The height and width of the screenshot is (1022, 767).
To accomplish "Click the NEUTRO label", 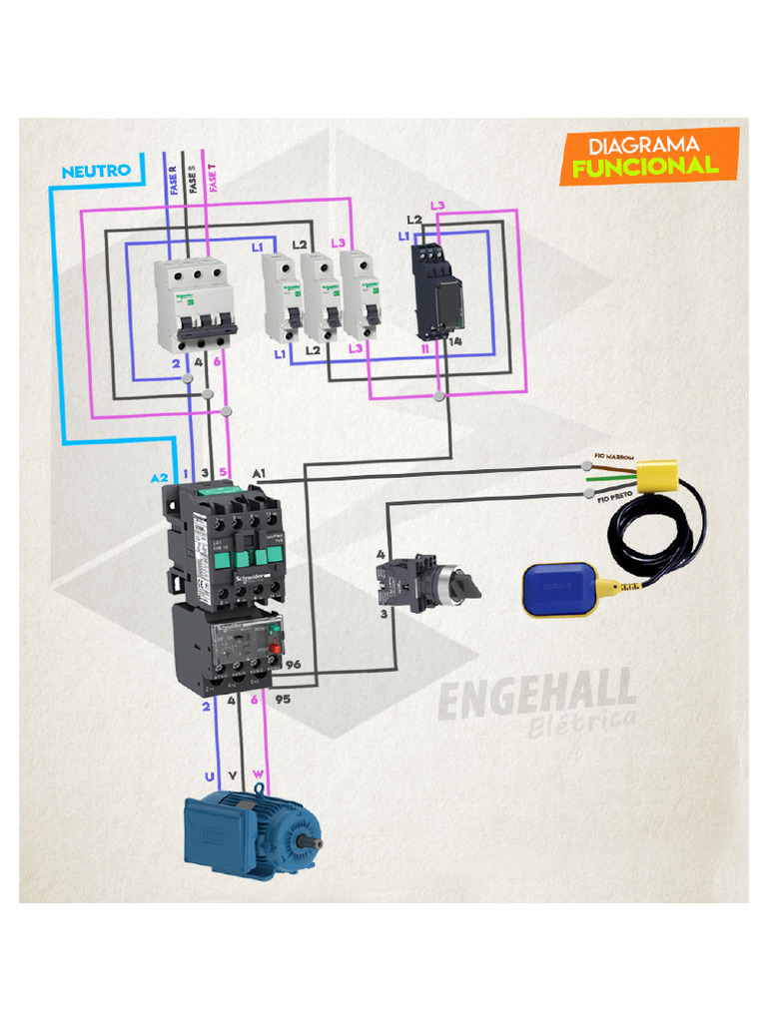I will coord(96,171).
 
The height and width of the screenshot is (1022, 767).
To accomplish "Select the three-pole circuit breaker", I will coord(195,304).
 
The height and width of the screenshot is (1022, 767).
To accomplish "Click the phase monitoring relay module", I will coord(437,289).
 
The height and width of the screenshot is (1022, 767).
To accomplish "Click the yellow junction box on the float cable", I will coord(656,476).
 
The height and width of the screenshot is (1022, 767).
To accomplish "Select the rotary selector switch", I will coord(423,583).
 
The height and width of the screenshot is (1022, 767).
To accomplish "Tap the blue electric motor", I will coord(252,830).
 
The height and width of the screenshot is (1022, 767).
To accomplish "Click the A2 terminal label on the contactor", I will coord(160,478).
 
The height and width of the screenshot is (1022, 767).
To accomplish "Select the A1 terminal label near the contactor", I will coord(260,471).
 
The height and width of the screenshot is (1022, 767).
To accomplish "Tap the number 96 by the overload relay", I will coord(293,664).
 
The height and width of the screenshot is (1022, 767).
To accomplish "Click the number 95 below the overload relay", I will coord(283,700).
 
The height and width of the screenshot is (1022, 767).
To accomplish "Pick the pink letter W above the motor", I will coord(258,774).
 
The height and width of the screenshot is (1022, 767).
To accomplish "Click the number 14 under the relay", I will coord(455,342).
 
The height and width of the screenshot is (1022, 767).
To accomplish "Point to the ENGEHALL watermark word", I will coord(536,695).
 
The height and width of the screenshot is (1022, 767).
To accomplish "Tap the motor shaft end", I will coord(317,844).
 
